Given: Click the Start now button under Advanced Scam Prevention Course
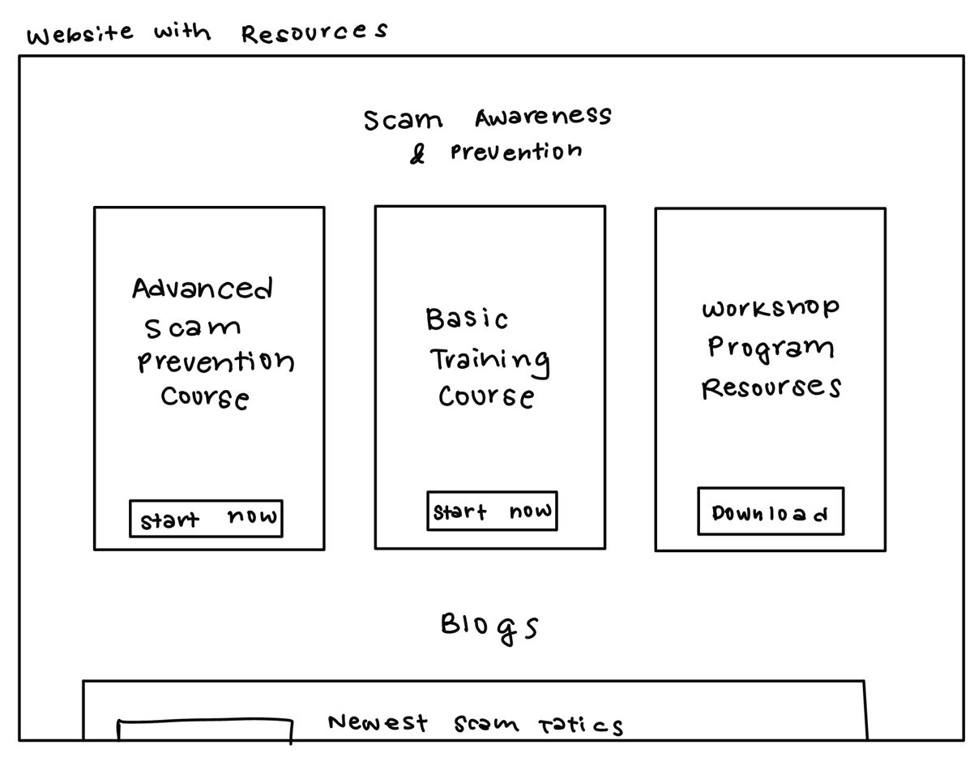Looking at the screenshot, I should coord(206,518).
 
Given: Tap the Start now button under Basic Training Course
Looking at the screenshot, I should coord(492,512).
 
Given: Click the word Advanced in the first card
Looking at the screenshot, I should coord(203,289).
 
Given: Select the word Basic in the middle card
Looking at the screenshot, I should coord(467,319).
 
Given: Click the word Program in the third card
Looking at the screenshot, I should coord(771,347).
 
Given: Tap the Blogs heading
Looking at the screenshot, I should coord(489,627).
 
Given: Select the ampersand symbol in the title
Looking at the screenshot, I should coord(417,154).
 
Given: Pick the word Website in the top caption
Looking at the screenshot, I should coord(79,36).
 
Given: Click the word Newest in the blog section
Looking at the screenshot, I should coord(378,722).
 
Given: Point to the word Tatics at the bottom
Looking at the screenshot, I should coord(581,724).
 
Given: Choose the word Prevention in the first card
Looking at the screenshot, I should coord(216,362).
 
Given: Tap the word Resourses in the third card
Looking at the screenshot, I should coord(771,387).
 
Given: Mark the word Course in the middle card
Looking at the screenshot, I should coord(486,396).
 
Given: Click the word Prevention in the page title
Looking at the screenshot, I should coord(516,152).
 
